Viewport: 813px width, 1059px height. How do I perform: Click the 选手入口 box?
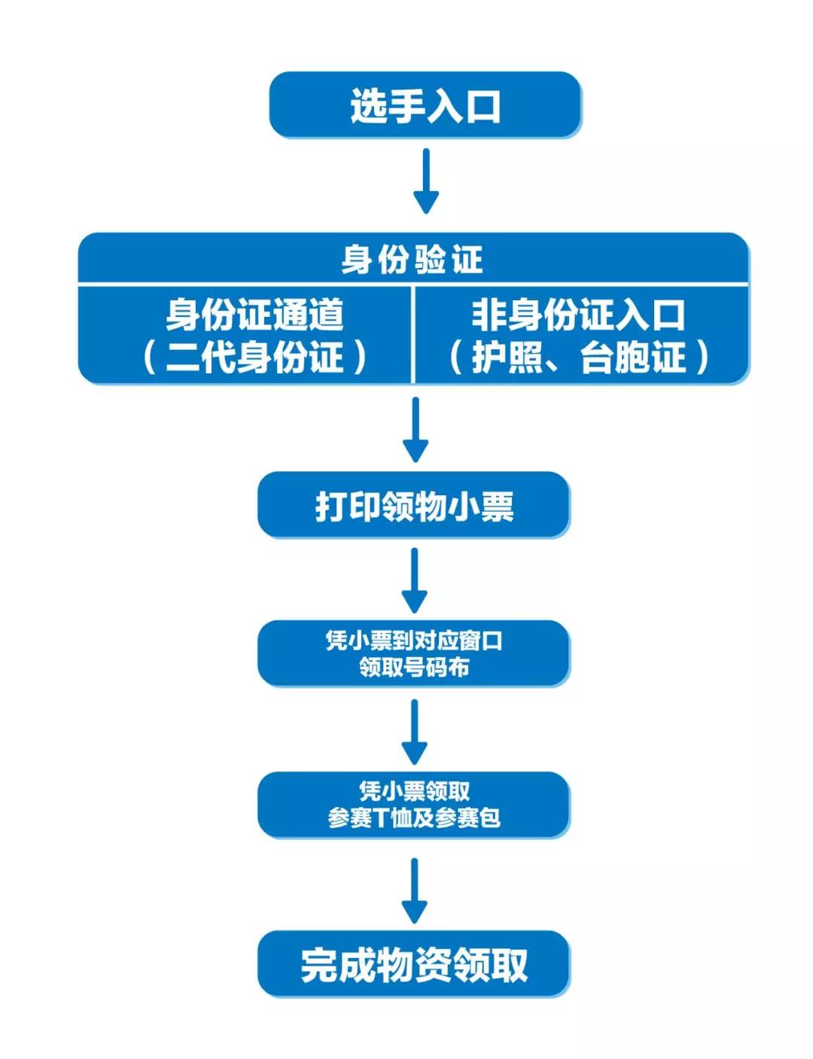[425, 105]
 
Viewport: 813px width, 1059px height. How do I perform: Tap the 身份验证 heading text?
[412, 260]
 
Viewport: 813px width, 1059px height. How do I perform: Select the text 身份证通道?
[254, 315]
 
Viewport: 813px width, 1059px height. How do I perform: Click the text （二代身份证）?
[254, 357]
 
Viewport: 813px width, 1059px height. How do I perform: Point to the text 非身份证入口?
[578, 315]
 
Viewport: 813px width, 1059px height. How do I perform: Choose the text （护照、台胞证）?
[578, 357]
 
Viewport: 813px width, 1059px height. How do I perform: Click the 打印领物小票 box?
[414, 506]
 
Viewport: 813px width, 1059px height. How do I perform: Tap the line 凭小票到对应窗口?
[414, 641]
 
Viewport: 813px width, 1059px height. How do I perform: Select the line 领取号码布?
[414, 667]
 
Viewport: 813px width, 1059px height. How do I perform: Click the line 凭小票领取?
[414, 791]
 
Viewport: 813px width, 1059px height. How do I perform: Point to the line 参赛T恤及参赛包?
[414, 817]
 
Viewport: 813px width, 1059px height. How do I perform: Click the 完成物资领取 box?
[414, 964]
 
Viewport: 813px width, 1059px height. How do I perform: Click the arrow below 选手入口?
[426, 181]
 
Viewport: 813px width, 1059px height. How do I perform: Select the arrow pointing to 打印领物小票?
[416, 429]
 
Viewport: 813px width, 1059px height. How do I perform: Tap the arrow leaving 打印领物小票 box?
[415, 580]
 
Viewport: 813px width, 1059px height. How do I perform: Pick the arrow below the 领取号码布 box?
[415, 731]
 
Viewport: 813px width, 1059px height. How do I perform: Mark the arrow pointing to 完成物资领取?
[415, 890]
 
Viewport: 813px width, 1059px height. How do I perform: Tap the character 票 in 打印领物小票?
[498, 506]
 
